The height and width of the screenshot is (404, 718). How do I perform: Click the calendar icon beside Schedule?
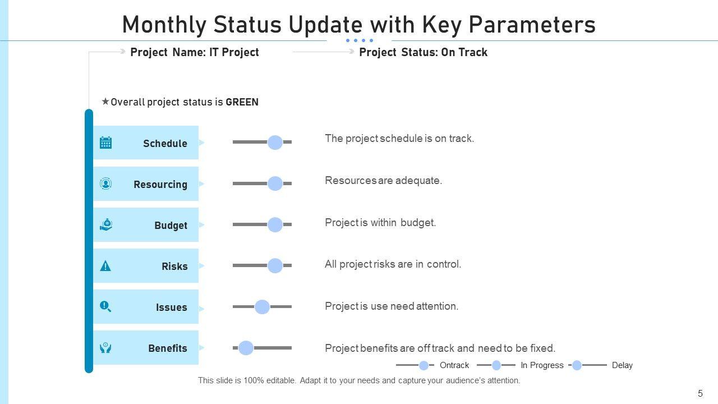click(x=106, y=143)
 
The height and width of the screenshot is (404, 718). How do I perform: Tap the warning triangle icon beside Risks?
click(x=105, y=266)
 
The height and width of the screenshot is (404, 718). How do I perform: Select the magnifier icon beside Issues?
click(x=105, y=306)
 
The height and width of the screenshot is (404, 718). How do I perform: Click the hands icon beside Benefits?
click(x=105, y=347)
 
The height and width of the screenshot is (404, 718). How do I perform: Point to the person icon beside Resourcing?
click(x=106, y=183)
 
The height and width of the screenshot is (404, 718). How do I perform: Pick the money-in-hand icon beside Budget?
click(x=106, y=224)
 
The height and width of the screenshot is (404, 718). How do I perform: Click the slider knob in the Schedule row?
click(x=275, y=143)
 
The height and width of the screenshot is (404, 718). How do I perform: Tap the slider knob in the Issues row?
click(x=262, y=307)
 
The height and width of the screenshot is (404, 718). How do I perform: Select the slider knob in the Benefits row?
click(x=246, y=348)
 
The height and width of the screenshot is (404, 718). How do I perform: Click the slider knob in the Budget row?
click(x=275, y=224)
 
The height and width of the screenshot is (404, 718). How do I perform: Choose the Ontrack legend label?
click(x=454, y=365)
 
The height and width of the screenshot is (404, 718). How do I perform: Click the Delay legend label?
click(x=622, y=365)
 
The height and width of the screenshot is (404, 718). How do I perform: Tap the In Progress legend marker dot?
click(x=496, y=365)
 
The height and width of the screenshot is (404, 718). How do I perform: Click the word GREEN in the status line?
click(x=242, y=102)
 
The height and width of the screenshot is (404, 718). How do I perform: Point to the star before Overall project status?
click(x=105, y=102)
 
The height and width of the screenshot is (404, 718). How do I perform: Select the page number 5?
click(x=701, y=393)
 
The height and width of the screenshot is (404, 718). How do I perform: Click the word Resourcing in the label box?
click(x=160, y=185)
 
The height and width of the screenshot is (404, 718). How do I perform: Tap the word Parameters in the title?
click(x=532, y=25)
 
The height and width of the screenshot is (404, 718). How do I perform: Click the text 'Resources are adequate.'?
click(x=383, y=181)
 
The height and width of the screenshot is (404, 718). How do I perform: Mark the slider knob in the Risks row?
click(x=275, y=265)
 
